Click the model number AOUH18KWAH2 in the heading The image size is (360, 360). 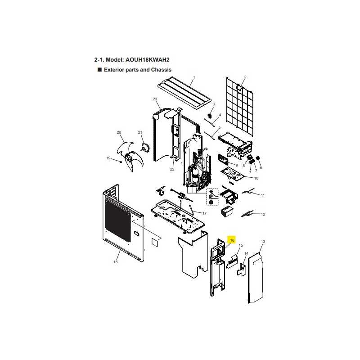148,60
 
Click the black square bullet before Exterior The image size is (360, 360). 99,70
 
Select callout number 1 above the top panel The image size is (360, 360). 194,77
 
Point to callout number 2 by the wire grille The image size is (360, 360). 245,77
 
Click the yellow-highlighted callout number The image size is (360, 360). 232,240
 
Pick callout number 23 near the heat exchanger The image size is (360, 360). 155,99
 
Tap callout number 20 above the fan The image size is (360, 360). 119,132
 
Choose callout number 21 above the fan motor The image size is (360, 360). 140,132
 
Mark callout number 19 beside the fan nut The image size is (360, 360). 108,158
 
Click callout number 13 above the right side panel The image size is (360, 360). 263,242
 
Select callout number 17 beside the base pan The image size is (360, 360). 204,213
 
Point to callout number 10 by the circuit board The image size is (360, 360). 256,178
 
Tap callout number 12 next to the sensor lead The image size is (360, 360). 263,214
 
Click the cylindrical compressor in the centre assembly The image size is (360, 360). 195,175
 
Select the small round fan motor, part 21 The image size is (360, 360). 145,147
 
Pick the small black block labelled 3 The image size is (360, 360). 209,116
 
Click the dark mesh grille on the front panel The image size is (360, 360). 117,220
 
